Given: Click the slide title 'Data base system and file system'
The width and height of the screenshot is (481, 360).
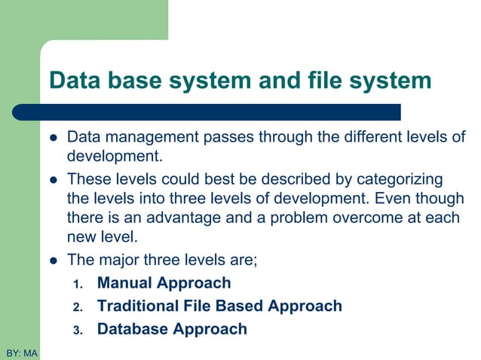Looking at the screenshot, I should point(240,81).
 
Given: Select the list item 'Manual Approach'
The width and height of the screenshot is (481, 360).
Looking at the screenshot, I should point(164,284).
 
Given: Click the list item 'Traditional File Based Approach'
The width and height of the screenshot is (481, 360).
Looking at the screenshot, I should point(219,307).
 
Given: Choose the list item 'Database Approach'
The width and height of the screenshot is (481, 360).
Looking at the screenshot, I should point(172,329).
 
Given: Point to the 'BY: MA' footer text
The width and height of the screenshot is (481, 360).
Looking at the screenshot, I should point(22,352).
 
